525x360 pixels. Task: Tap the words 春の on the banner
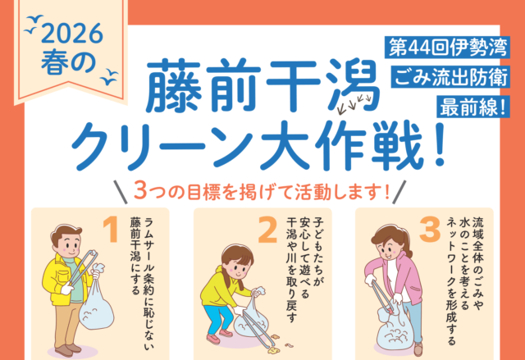point(68,62)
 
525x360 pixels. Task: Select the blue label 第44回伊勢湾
point(447,48)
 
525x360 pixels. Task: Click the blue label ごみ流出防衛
point(450,77)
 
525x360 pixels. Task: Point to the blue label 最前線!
point(473,107)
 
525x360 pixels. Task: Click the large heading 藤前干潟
point(262,85)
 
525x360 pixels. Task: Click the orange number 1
point(111,229)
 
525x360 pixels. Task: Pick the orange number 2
point(268,230)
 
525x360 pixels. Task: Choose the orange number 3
point(430,230)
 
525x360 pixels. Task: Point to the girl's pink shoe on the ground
point(213,339)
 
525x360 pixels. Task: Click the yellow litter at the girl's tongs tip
point(273,350)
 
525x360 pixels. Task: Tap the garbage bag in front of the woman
point(395,329)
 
